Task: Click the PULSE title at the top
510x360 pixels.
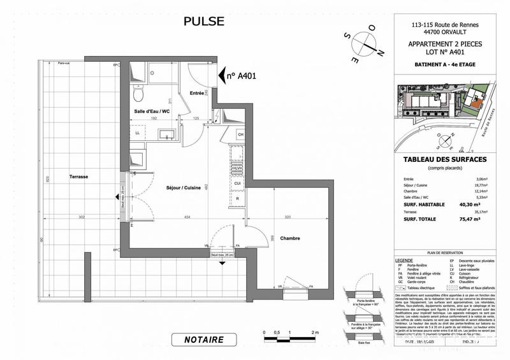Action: [x=204, y=21]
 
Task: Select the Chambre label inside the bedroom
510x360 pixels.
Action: [x=289, y=238]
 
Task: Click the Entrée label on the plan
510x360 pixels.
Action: [x=197, y=94]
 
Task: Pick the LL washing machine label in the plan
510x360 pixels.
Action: [x=137, y=133]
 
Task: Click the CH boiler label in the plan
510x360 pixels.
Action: [x=240, y=134]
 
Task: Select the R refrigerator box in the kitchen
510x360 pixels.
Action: [x=238, y=199]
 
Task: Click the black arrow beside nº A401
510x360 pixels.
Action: [x=223, y=75]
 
